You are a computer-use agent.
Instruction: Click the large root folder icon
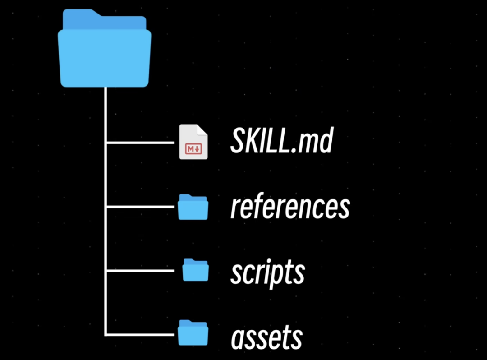coord(105,52)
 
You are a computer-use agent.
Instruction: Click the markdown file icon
coord(193,142)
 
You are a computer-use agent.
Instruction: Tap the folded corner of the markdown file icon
coord(202,129)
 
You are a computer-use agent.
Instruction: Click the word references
coord(290,207)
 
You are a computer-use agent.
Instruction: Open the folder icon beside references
coord(193,207)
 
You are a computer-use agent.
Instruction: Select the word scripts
coord(267,272)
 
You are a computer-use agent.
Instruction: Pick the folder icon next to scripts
coord(196,270)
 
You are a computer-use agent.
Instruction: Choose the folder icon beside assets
coord(193,333)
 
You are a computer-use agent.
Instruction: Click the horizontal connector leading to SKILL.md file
coord(140,143)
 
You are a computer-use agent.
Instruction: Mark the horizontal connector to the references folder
coord(140,207)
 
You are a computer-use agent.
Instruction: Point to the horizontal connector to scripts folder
coord(140,271)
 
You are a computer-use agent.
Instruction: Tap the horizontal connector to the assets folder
coord(140,334)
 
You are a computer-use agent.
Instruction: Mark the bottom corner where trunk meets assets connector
coord(106,334)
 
